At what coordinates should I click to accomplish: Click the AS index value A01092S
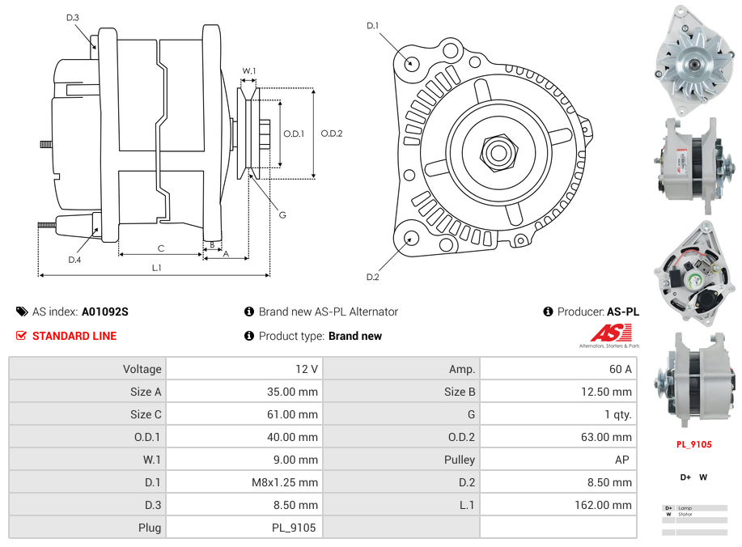point(104,312)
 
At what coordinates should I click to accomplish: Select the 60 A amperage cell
point(620,369)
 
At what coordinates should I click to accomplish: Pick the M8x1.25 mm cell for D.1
point(285,482)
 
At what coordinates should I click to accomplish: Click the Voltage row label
point(142,369)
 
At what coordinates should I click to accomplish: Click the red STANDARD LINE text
point(74,336)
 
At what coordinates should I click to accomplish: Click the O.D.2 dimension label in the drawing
point(332,134)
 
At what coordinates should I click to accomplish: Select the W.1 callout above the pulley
point(249,71)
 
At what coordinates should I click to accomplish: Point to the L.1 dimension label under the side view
point(157,267)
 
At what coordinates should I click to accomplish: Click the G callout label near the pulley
point(282,214)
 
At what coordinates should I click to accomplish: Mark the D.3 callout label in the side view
point(73,18)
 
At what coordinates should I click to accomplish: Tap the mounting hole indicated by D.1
point(411,62)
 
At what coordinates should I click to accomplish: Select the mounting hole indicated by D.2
point(411,238)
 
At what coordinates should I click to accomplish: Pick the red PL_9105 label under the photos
point(693,444)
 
